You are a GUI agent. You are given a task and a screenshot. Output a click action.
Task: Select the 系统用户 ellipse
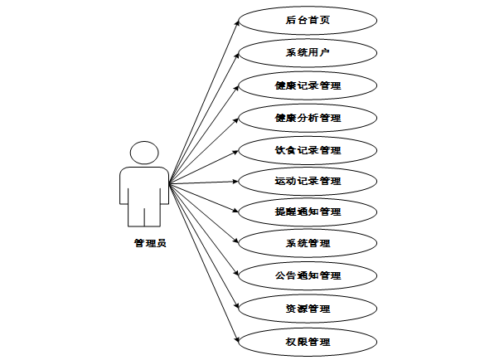coord(308,52)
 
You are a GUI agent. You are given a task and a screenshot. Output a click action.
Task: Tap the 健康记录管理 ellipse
coord(308,85)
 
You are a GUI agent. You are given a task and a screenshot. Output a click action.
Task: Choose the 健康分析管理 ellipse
coord(308,118)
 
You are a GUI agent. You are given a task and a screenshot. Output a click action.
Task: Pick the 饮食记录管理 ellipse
coord(308,150)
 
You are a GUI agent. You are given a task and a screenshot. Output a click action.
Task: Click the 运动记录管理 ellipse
coord(308,180)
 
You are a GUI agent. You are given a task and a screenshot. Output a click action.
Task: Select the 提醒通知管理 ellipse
coord(308,212)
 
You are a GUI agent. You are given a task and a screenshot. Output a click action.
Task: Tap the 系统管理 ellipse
coord(308,243)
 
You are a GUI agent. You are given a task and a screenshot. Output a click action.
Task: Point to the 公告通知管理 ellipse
coord(308,275)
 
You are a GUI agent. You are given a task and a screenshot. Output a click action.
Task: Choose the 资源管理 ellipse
coord(308,308)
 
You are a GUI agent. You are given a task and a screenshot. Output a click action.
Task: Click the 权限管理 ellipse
coord(308,341)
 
